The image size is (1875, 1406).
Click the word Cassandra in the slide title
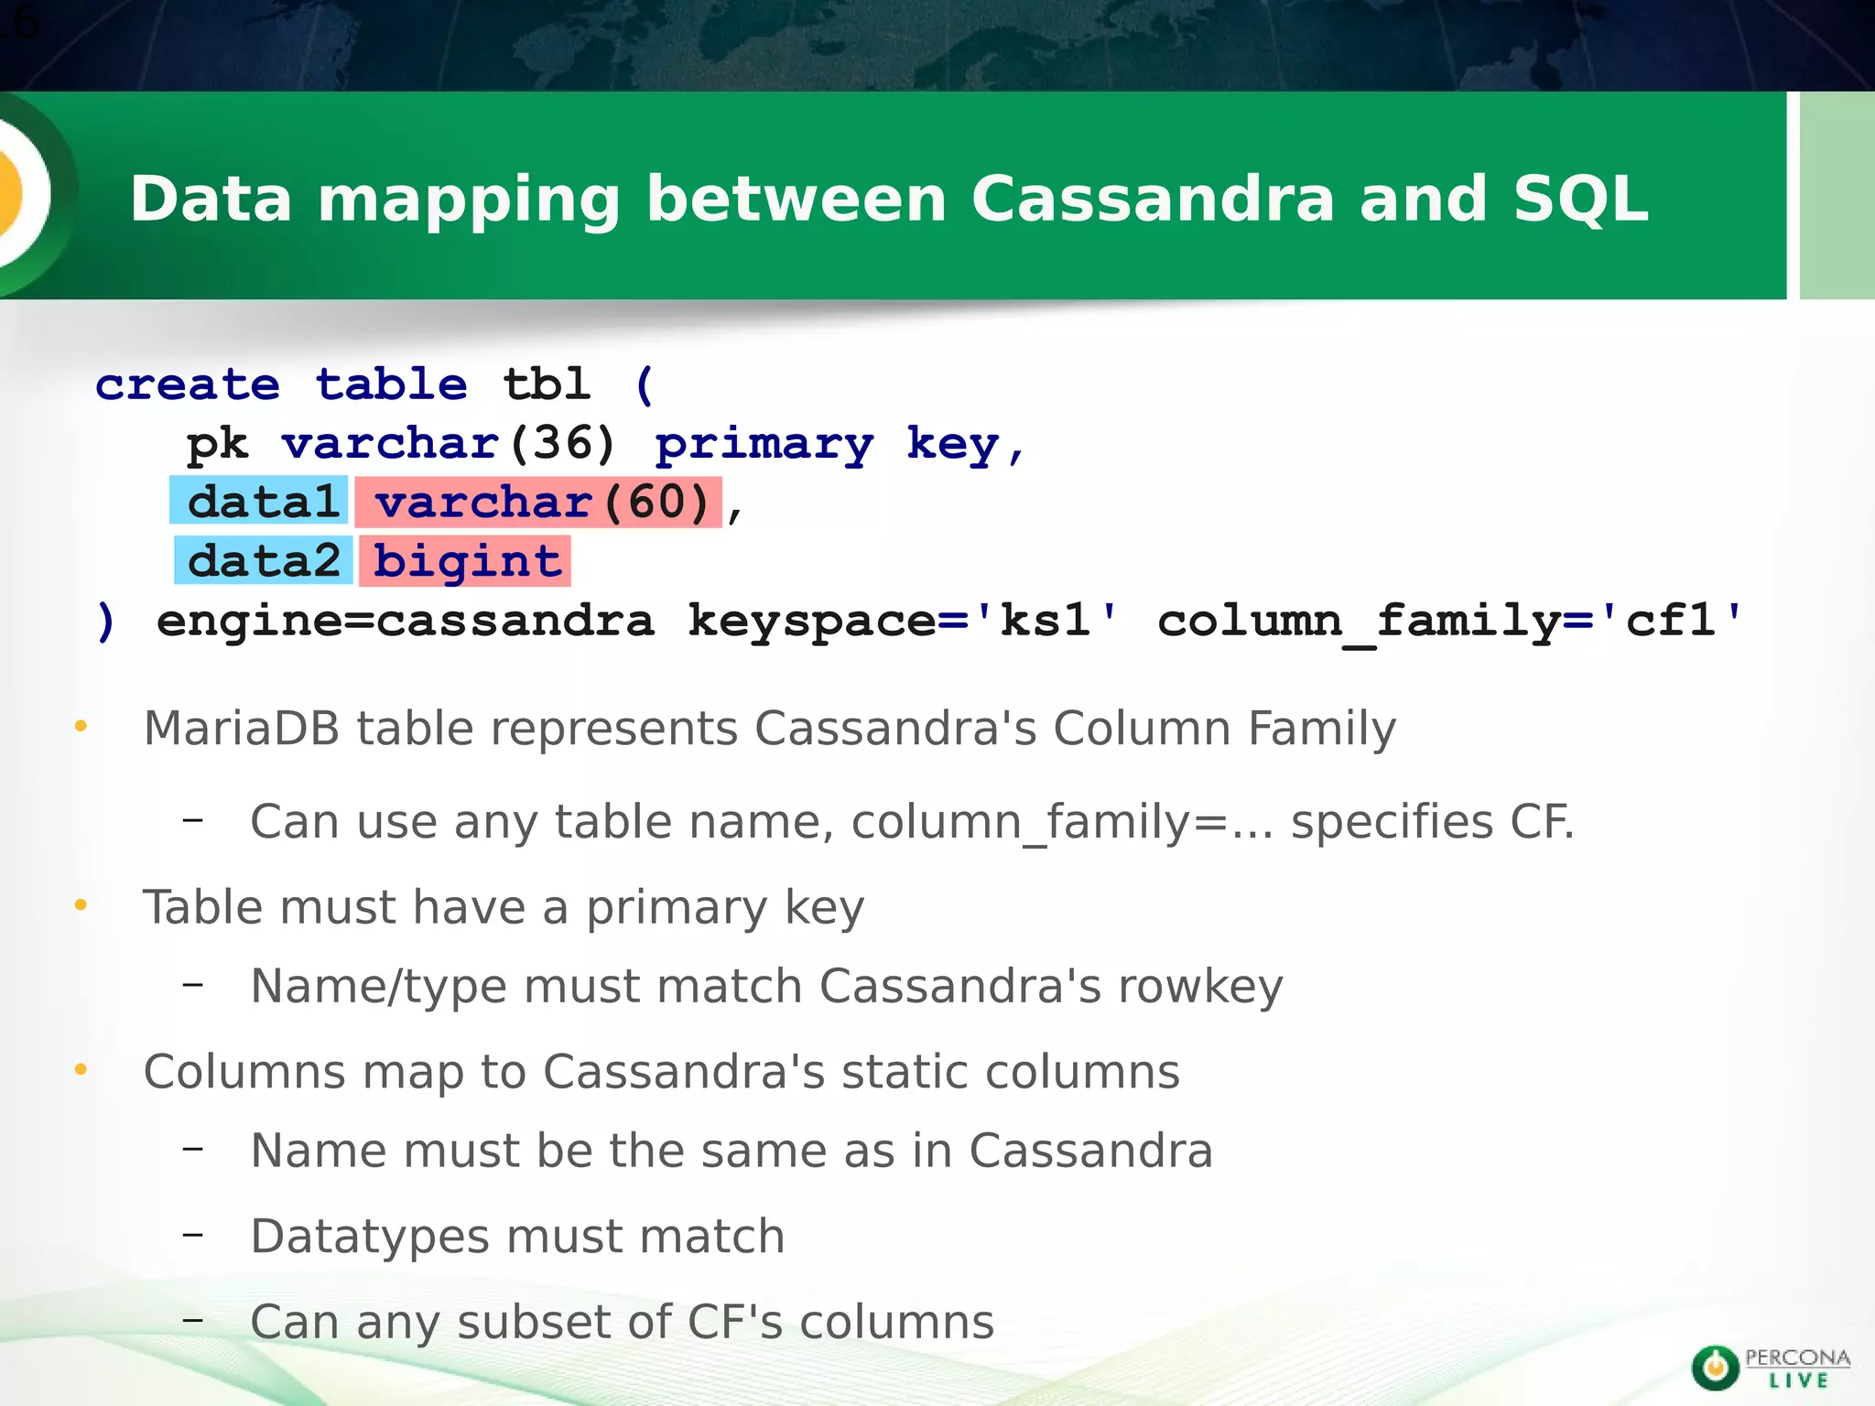click(x=1152, y=199)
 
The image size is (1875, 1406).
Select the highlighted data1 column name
click(x=260, y=502)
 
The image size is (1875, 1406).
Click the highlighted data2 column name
click(x=264, y=560)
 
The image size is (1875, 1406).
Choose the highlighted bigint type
click(x=466, y=560)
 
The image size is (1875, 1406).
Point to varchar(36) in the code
click(x=448, y=444)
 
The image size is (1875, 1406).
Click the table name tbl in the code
click(x=546, y=384)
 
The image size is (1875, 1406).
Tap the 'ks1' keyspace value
click(x=1045, y=621)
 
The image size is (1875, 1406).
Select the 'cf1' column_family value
click(x=1670, y=621)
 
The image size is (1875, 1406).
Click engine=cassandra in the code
click(x=405, y=621)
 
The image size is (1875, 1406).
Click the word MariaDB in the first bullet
click(x=242, y=729)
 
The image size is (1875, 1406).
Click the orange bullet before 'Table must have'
click(x=81, y=905)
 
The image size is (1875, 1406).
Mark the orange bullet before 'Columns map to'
click(x=81, y=1069)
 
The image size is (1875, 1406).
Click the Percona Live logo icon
click(x=1715, y=1368)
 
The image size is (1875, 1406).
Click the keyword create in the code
click(x=188, y=384)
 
